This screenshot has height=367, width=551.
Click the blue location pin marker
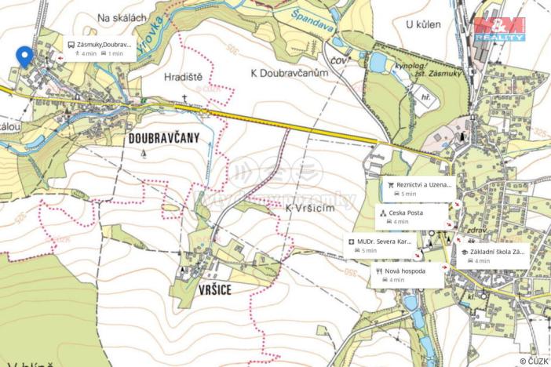click(24, 56)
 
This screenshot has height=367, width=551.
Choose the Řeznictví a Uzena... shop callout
click(418, 188)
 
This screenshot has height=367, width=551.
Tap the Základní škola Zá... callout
click(494, 256)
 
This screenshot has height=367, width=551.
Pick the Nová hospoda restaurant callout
click(406, 274)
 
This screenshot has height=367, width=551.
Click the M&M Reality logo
click(499, 28)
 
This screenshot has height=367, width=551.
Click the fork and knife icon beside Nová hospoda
click(379, 271)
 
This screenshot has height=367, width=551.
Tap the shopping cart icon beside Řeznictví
click(390, 185)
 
